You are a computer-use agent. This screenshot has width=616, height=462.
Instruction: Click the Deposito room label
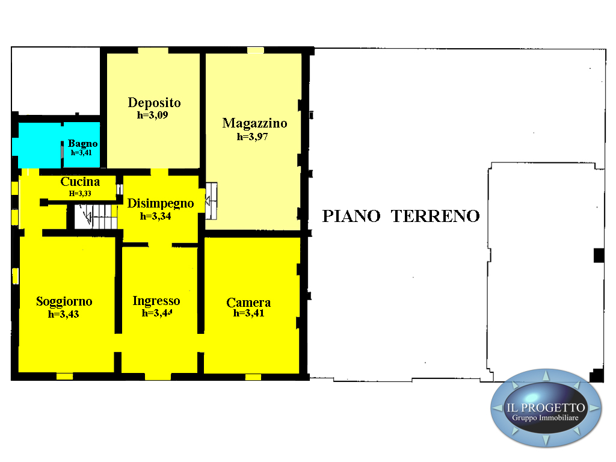(x=154, y=102)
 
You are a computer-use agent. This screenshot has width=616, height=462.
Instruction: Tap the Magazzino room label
(x=254, y=123)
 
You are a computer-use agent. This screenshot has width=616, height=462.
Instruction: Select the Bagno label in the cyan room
(x=82, y=143)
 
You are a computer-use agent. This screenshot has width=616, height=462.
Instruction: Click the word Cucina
(x=80, y=182)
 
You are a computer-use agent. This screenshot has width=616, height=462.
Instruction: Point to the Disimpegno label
(x=160, y=203)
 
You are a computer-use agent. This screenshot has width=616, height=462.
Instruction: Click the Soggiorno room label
(x=64, y=301)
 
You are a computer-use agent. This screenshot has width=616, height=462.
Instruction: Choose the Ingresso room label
(x=156, y=301)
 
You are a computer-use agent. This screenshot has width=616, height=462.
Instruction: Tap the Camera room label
(x=248, y=303)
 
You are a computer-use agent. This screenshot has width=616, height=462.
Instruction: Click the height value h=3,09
(x=152, y=115)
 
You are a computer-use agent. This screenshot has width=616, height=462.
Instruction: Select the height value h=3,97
(x=252, y=137)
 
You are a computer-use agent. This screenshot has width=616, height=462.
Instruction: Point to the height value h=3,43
(x=63, y=314)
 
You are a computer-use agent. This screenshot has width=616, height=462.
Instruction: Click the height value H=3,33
(x=80, y=193)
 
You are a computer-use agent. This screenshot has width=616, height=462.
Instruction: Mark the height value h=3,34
(x=156, y=216)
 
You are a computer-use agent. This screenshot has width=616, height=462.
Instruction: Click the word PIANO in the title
(x=351, y=216)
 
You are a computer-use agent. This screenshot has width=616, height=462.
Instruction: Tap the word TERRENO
(x=436, y=216)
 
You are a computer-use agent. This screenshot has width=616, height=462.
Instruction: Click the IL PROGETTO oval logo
(x=546, y=408)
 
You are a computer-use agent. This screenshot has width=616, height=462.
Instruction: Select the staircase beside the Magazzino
(x=211, y=201)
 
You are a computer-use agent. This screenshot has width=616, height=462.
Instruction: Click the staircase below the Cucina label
(x=96, y=216)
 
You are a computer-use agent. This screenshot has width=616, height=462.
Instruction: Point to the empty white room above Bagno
(x=56, y=81)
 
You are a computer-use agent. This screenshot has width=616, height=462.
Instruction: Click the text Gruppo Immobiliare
(x=545, y=418)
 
